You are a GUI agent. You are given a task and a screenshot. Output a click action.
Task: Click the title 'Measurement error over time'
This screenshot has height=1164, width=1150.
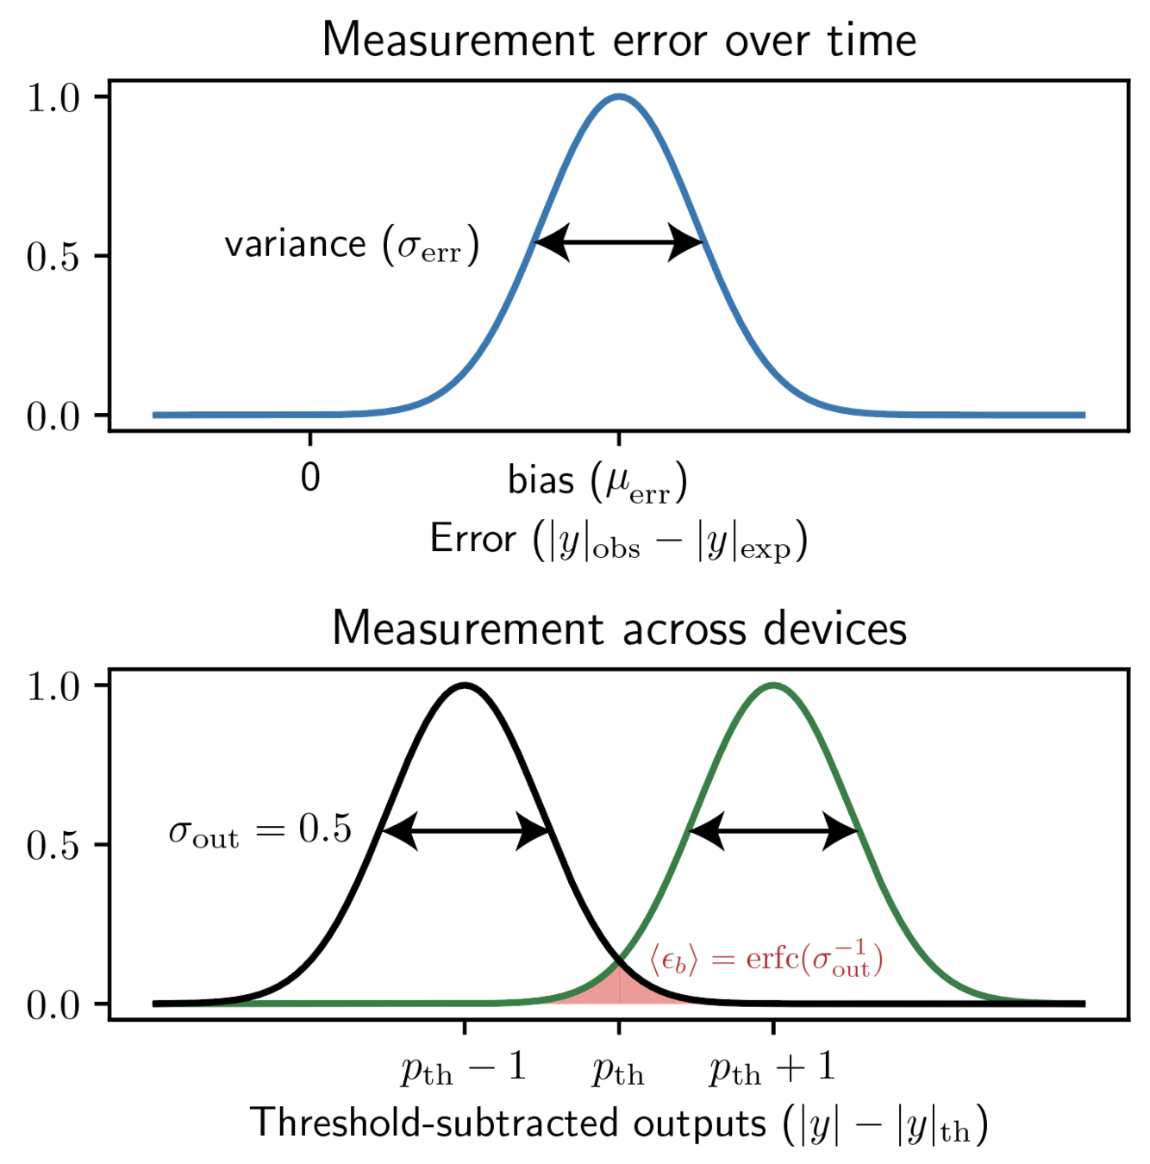click(619, 41)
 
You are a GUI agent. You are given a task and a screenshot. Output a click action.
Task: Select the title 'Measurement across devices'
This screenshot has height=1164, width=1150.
click(619, 628)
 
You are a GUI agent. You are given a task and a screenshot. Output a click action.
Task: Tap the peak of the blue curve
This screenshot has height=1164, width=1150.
click(619, 97)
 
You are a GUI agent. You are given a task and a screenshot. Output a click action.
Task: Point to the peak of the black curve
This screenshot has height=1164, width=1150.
click(465, 685)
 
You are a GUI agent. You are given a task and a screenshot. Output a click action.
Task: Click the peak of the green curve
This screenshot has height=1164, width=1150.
click(773, 685)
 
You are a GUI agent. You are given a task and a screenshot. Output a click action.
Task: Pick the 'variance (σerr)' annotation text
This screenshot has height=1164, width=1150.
click(352, 246)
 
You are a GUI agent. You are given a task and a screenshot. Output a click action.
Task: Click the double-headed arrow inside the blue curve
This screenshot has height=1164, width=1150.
click(619, 241)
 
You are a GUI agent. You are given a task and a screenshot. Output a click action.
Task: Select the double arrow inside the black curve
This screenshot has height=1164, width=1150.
click(466, 831)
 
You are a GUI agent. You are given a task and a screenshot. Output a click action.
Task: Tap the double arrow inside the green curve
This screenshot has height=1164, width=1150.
click(773, 831)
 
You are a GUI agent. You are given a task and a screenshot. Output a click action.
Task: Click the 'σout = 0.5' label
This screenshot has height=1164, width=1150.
click(260, 830)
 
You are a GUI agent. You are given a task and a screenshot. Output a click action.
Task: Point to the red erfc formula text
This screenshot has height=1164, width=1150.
click(766, 960)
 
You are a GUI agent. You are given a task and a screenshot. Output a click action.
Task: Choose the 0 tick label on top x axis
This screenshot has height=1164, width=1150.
click(310, 478)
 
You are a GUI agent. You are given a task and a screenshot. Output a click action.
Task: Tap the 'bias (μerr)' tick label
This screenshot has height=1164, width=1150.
click(597, 482)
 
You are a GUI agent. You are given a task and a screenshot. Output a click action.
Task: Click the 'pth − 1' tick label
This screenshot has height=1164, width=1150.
click(463, 1069)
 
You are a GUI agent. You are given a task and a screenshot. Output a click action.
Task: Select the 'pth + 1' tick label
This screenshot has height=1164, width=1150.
click(772, 1069)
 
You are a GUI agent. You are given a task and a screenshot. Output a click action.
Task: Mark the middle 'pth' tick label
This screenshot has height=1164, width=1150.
click(618, 1072)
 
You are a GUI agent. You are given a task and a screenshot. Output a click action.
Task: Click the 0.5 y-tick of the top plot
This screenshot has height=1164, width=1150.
click(53, 257)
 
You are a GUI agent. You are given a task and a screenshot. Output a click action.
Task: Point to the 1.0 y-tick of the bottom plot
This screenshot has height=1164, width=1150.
click(53, 687)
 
